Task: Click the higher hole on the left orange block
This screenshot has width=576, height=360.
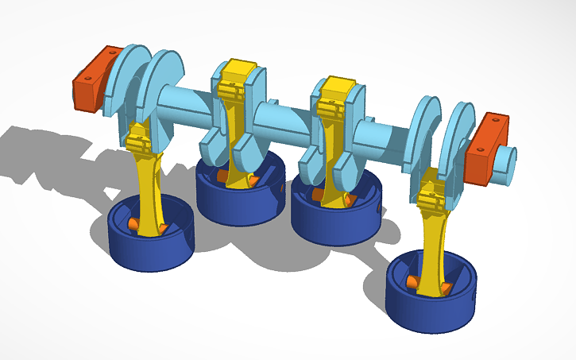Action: click(114, 53)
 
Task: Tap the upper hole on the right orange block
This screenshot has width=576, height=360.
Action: click(497, 120)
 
